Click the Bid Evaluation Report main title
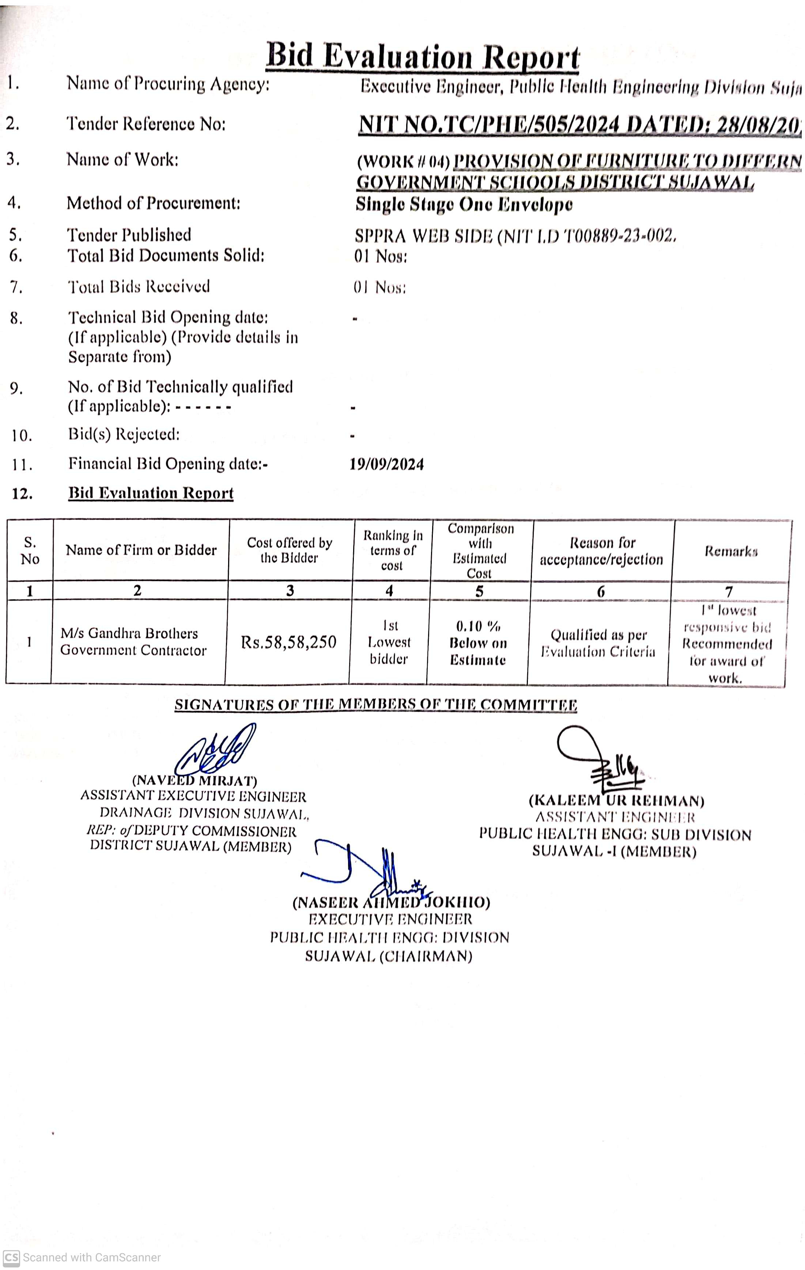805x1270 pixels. [422, 57]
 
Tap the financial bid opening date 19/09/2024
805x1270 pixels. [386, 464]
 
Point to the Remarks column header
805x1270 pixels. [731, 551]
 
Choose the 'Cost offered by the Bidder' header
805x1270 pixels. [289, 550]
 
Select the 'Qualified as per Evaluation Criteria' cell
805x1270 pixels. [598, 643]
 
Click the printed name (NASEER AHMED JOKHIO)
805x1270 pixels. [391, 902]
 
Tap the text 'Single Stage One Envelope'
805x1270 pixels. [464, 204]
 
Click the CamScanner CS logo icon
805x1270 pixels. [11, 1257]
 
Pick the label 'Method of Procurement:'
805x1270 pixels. [153, 203]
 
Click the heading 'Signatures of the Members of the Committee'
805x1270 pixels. [376, 705]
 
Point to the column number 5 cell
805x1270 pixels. [479, 591]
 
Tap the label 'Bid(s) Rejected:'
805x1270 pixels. [124, 434]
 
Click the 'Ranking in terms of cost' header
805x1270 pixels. [392, 550]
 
